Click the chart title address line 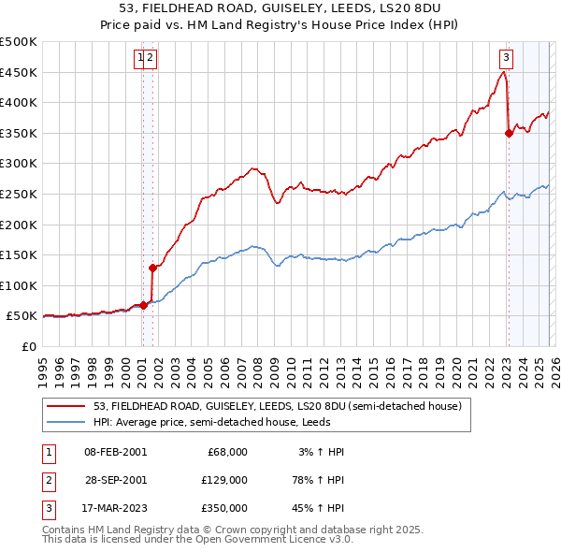(280, 7)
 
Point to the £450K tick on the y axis (19, 73)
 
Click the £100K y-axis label (19, 285)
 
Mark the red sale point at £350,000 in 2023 (509, 133)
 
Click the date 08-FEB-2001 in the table (115, 452)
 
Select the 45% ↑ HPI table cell (317, 508)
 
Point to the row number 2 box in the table (46, 479)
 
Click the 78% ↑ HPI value (317, 479)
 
